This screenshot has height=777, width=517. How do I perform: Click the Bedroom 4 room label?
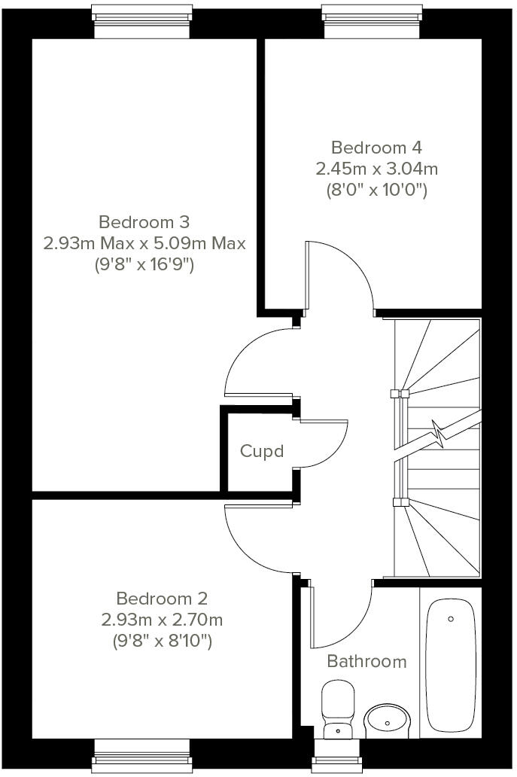[x=371, y=147]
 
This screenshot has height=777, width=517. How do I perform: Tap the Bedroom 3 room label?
[x=144, y=222]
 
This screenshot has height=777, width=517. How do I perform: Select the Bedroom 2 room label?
[x=162, y=599]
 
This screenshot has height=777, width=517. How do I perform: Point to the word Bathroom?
[x=366, y=661]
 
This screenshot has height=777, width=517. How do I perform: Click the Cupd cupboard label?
[x=262, y=451]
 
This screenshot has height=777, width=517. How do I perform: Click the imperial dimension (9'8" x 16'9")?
[x=144, y=264]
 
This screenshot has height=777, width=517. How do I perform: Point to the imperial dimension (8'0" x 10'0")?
[x=376, y=190]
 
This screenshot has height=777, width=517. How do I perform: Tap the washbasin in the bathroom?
[x=388, y=721]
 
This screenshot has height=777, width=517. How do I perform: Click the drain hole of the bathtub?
[x=451, y=619]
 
